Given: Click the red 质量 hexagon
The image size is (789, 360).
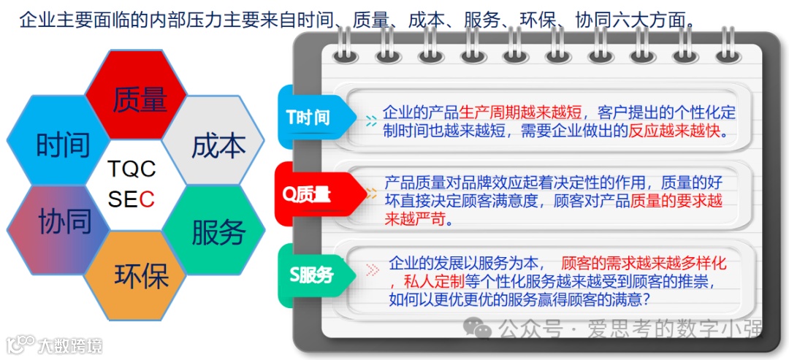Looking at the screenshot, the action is pos(139,101).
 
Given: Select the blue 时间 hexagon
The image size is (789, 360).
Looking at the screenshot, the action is pos(63,145).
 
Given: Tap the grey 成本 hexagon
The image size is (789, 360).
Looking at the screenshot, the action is pos(218,145).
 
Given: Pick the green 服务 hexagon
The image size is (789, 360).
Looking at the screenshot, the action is pos(218,232).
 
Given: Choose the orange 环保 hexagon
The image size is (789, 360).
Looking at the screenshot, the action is pos(140,276).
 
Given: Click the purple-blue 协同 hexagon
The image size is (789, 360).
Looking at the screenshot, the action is pos(64,221).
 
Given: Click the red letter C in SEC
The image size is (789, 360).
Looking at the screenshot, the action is pos(148,199).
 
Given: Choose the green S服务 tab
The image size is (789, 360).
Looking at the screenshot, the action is pos(311,275).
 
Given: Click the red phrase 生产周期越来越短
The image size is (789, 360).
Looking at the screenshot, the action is pos(520,112).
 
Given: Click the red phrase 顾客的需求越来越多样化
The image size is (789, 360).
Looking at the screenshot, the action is pos(643,264).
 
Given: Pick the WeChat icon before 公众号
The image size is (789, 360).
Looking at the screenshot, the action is pos(481,330).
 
